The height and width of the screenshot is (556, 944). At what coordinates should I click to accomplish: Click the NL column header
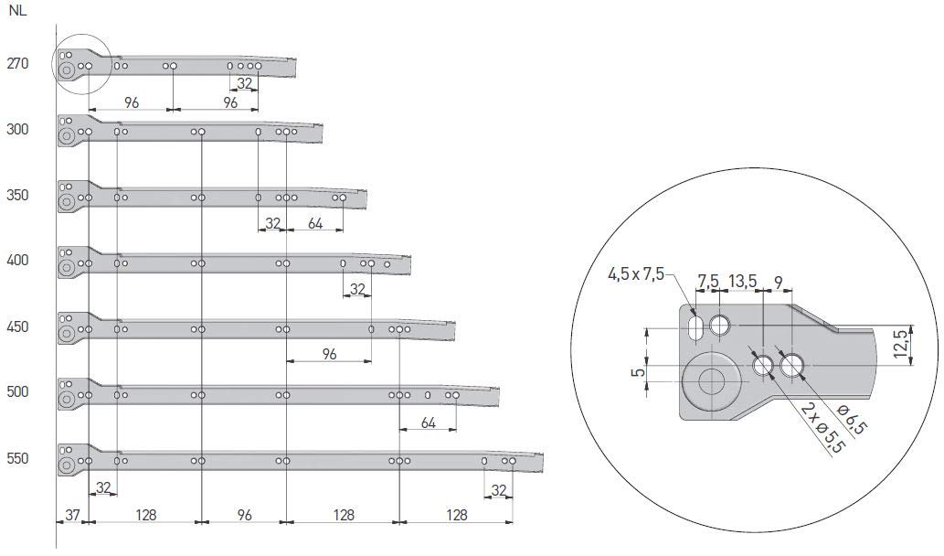17,11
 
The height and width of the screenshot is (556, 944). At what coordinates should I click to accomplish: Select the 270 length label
17,63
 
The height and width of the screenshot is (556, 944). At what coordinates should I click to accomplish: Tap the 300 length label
17,130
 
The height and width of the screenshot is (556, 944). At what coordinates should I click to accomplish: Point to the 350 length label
17,195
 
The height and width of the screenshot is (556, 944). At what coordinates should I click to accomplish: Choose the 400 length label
17,261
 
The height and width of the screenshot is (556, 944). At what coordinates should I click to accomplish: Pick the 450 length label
17,326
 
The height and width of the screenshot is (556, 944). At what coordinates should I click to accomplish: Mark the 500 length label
17,392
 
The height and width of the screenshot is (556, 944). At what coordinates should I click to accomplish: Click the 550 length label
17,458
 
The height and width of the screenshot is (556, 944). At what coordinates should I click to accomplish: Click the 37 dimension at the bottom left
72,515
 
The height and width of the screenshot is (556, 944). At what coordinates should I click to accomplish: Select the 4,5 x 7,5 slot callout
636,274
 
